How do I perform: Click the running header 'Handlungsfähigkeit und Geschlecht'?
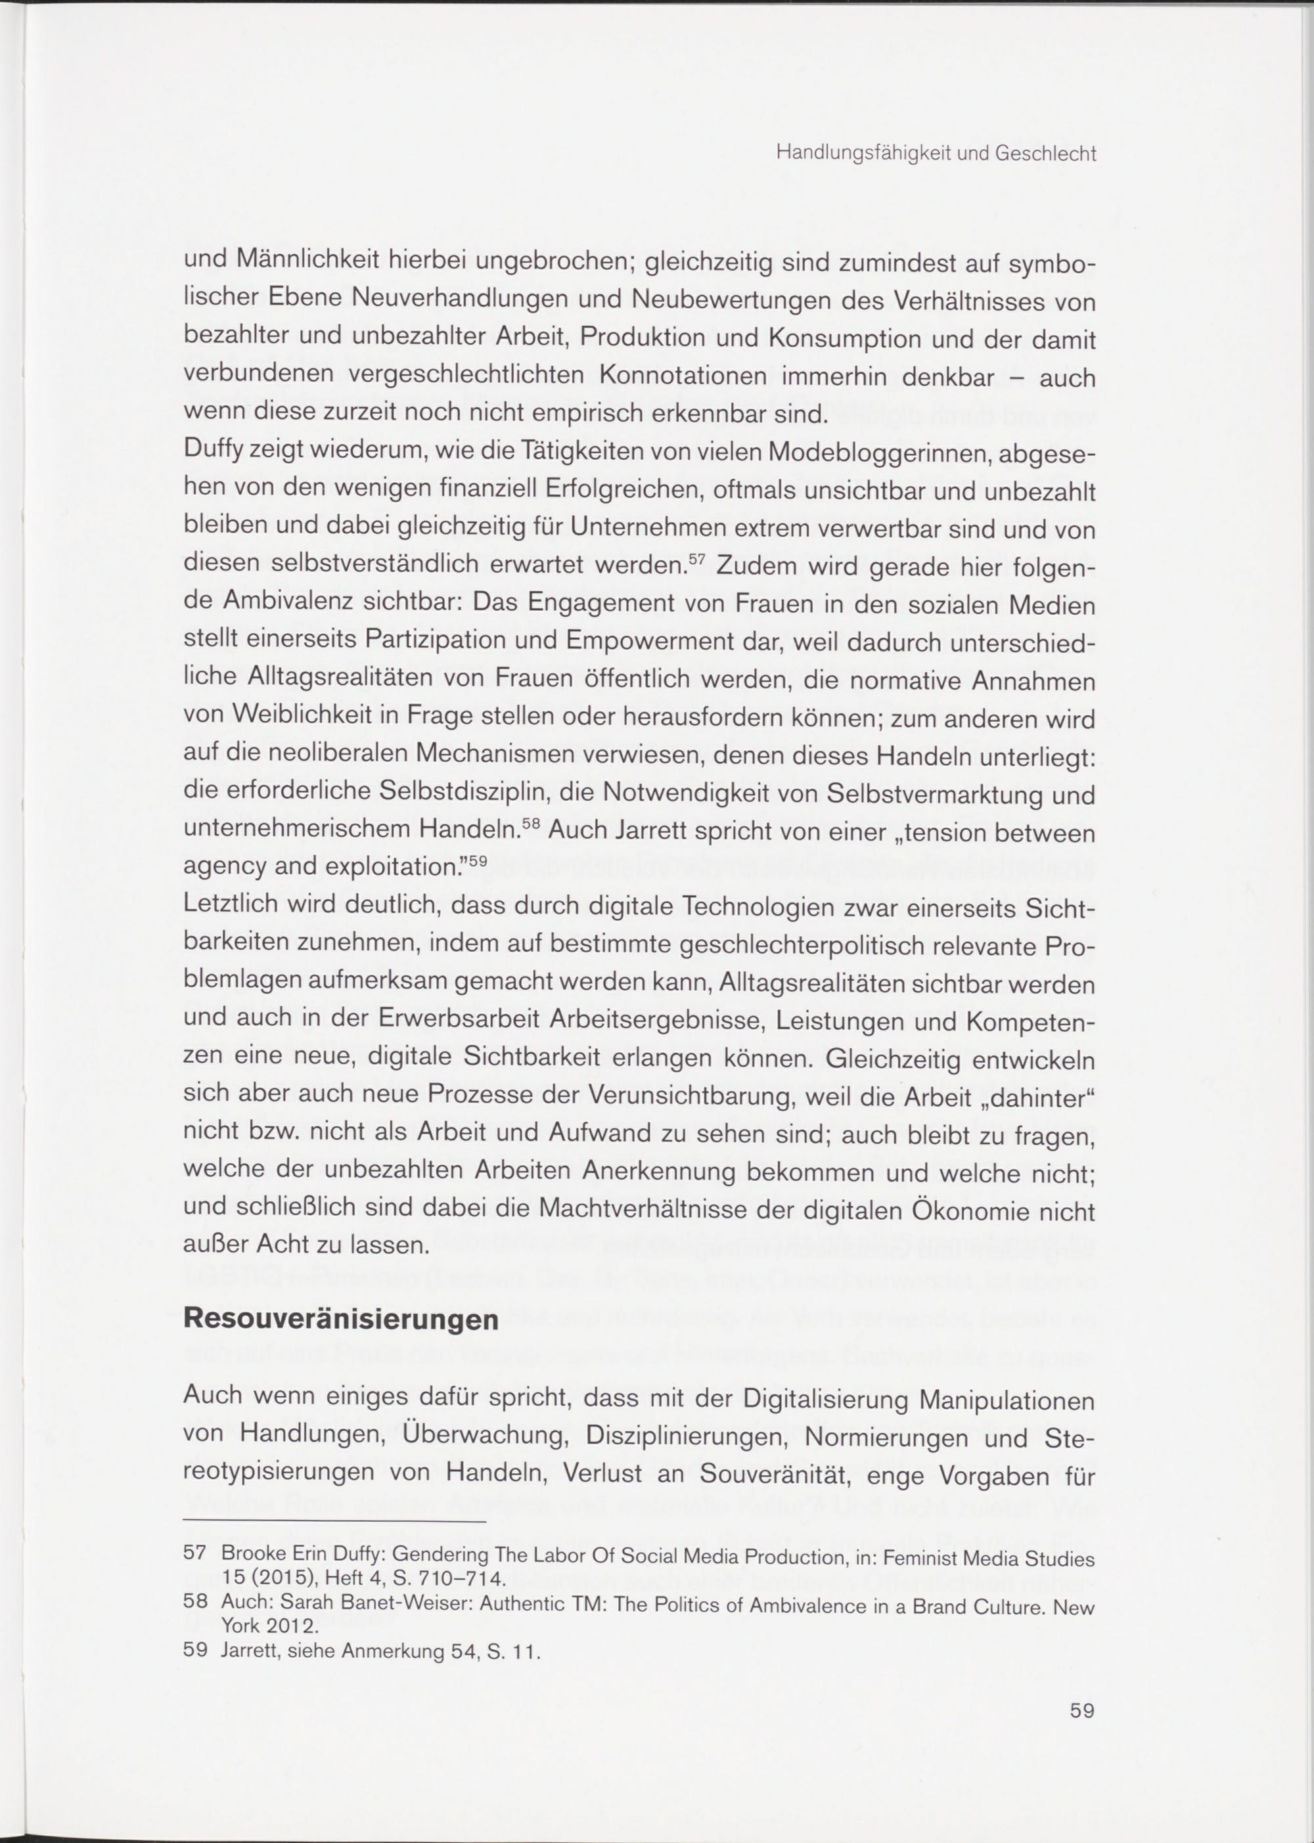pos(936,154)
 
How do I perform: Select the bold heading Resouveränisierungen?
pos(340,1320)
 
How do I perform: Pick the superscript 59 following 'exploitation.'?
pos(478,860)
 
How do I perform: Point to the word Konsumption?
pos(838,338)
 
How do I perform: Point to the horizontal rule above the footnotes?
pos(334,1521)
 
